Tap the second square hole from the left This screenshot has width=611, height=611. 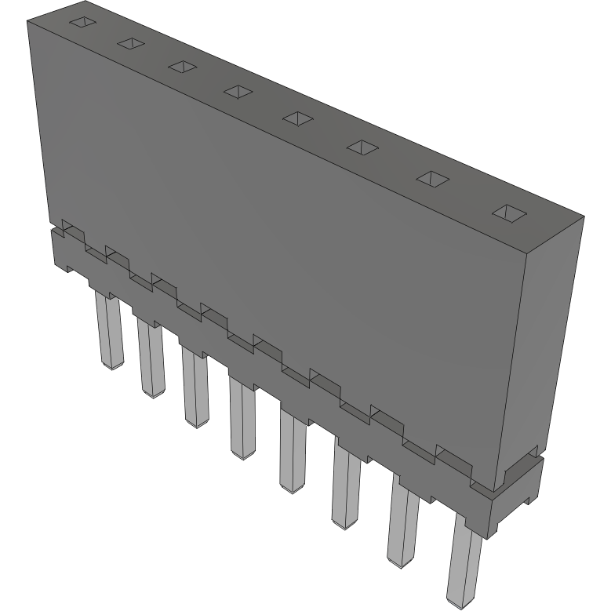130,44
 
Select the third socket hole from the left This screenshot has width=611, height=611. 181,67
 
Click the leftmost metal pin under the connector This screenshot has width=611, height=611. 109,329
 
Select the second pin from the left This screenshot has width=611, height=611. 150,357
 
